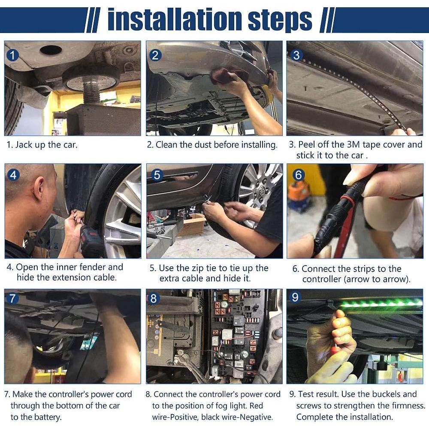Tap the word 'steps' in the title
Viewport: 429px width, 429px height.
tap(280, 21)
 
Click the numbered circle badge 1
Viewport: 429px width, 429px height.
tap(12, 55)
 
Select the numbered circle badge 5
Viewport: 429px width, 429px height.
tap(157, 175)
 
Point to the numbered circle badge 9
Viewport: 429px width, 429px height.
tap(295, 297)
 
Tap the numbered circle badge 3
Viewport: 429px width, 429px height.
tap(296, 55)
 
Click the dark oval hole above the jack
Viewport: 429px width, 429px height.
tap(51, 50)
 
